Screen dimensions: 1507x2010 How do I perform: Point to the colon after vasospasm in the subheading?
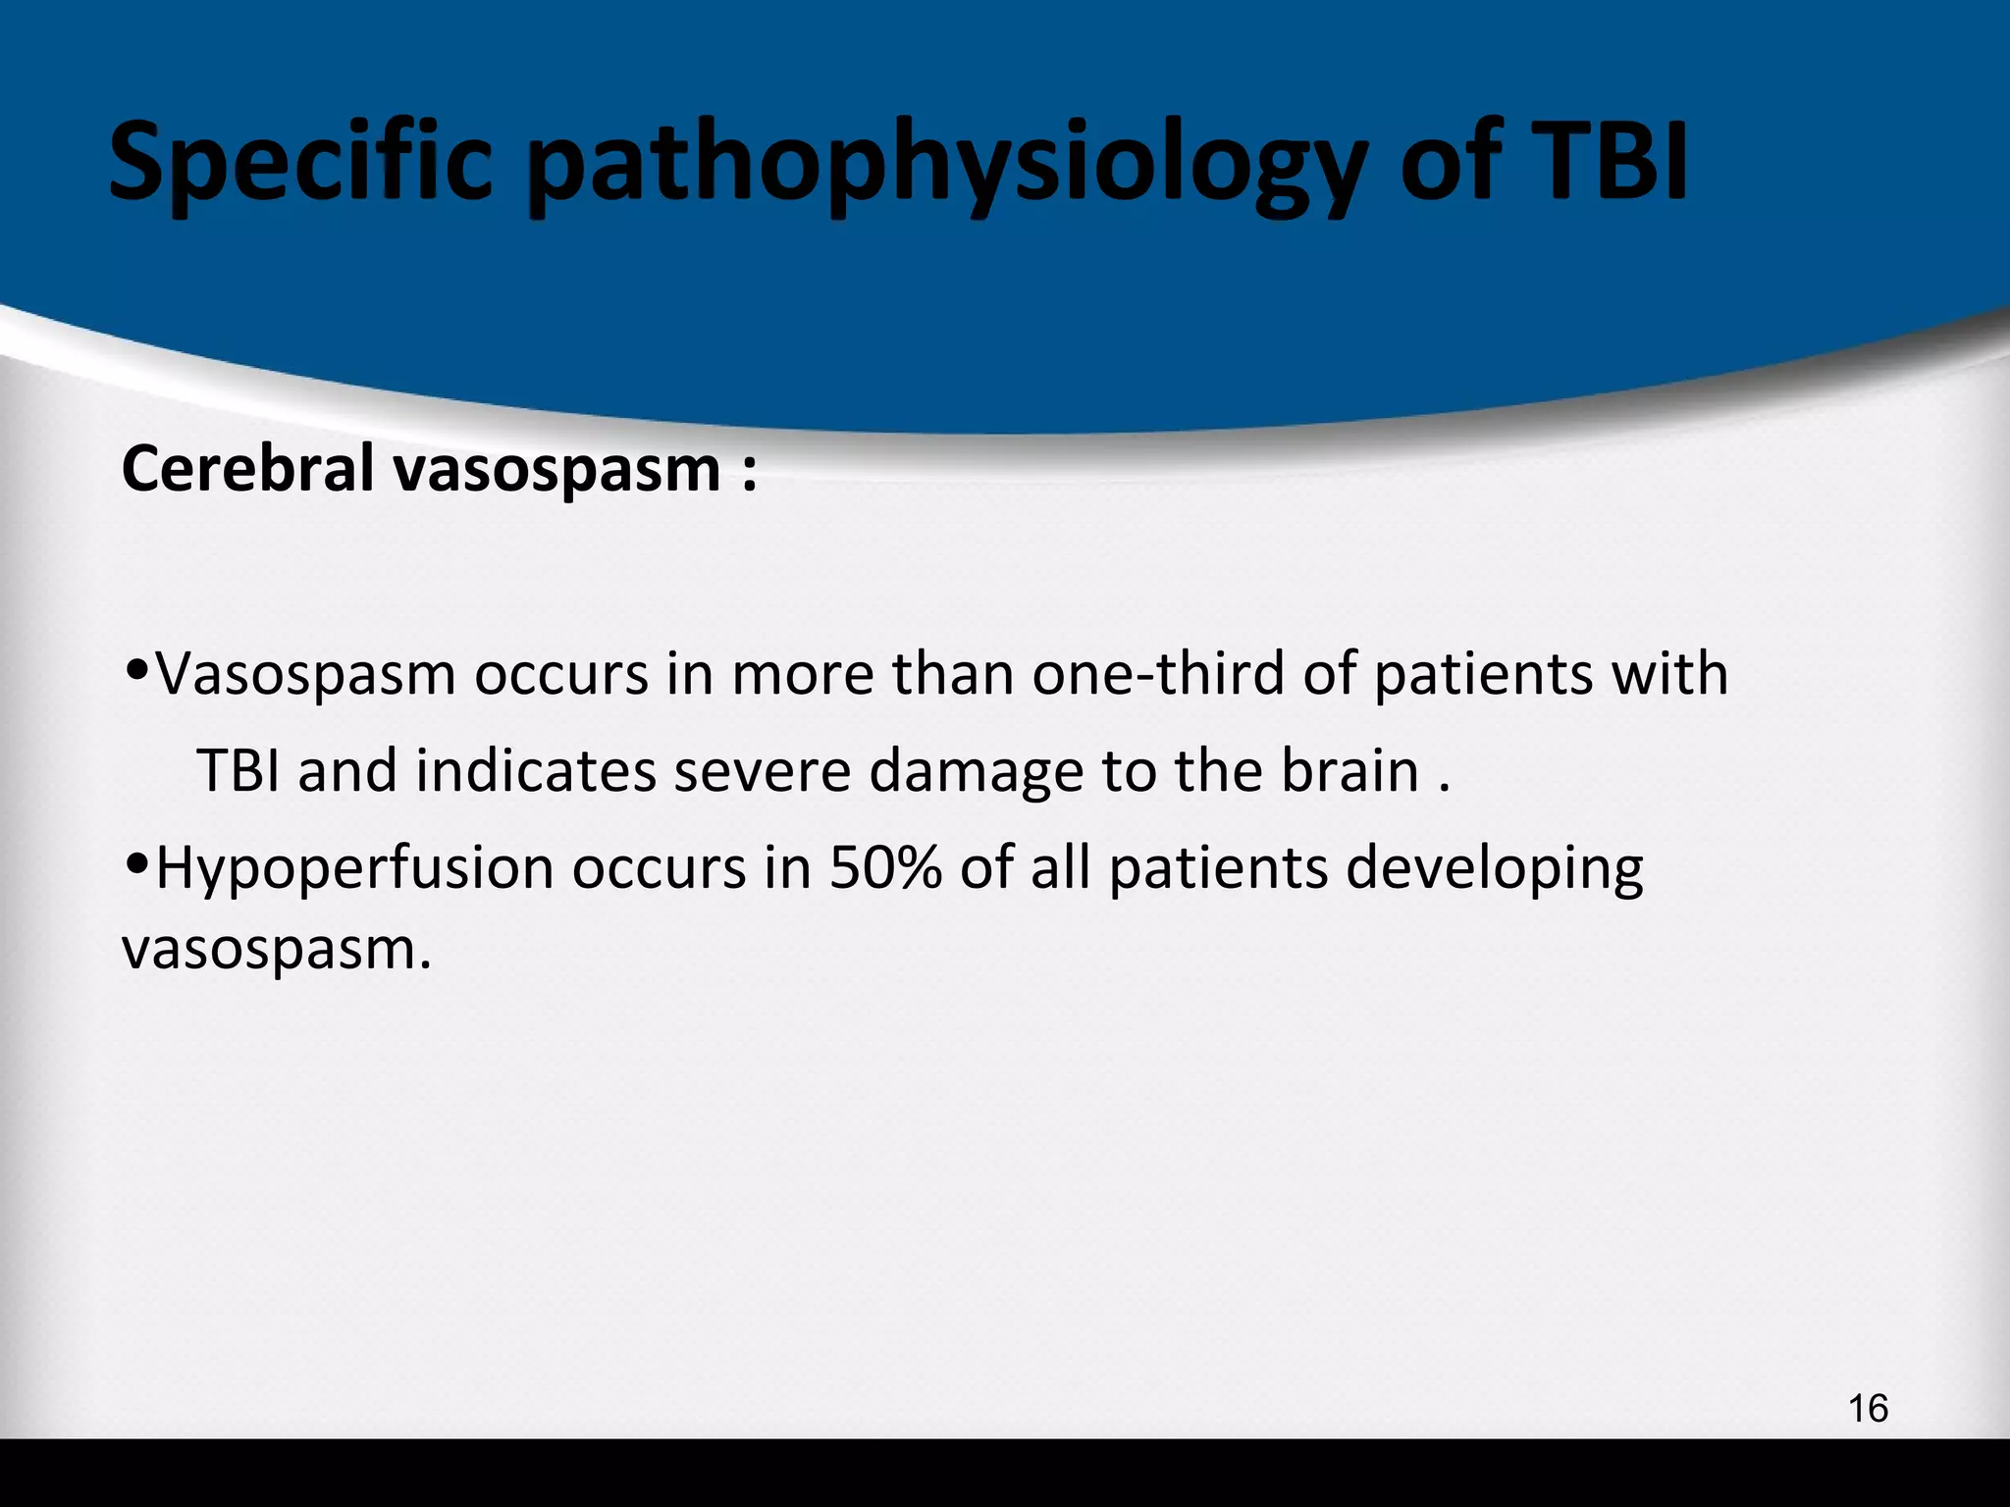point(749,473)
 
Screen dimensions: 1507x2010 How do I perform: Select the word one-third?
point(1158,674)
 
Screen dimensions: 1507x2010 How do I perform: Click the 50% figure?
point(885,868)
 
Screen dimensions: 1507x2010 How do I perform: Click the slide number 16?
point(1867,1409)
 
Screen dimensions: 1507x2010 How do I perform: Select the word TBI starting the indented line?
point(240,771)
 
